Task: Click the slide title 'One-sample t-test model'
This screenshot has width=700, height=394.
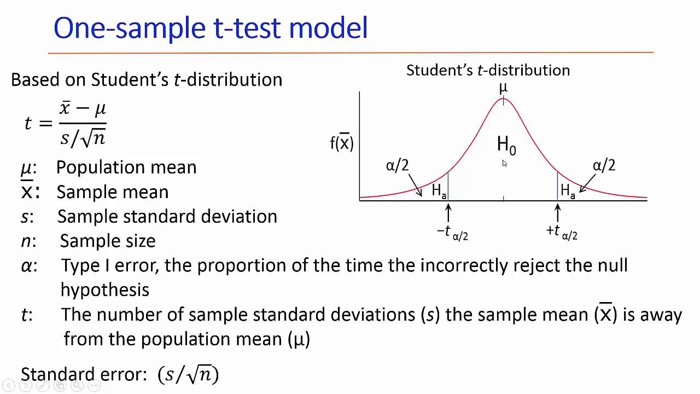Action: (211, 28)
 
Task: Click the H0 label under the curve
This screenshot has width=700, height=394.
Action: (506, 145)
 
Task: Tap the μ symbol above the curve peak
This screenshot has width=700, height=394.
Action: (503, 88)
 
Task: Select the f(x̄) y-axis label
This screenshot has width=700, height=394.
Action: (342, 143)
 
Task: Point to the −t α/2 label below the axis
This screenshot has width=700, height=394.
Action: (452, 232)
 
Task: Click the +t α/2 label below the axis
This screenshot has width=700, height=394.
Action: (562, 232)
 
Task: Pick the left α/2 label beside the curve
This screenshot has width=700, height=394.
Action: (398, 165)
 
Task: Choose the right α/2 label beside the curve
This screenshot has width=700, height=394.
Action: (604, 165)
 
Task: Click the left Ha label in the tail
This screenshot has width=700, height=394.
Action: (439, 191)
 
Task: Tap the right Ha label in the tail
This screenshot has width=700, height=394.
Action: (568, 191)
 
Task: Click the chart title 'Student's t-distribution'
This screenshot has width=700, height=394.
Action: (488, 70)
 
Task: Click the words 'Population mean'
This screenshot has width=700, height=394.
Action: (126, 167)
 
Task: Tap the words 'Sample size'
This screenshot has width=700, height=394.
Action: (108, 241)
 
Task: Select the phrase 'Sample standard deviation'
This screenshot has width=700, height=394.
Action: (167, 216)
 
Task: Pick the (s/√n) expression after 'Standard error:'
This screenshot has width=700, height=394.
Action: (188, 374)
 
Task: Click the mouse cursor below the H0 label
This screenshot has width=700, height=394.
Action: (504, 163)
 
